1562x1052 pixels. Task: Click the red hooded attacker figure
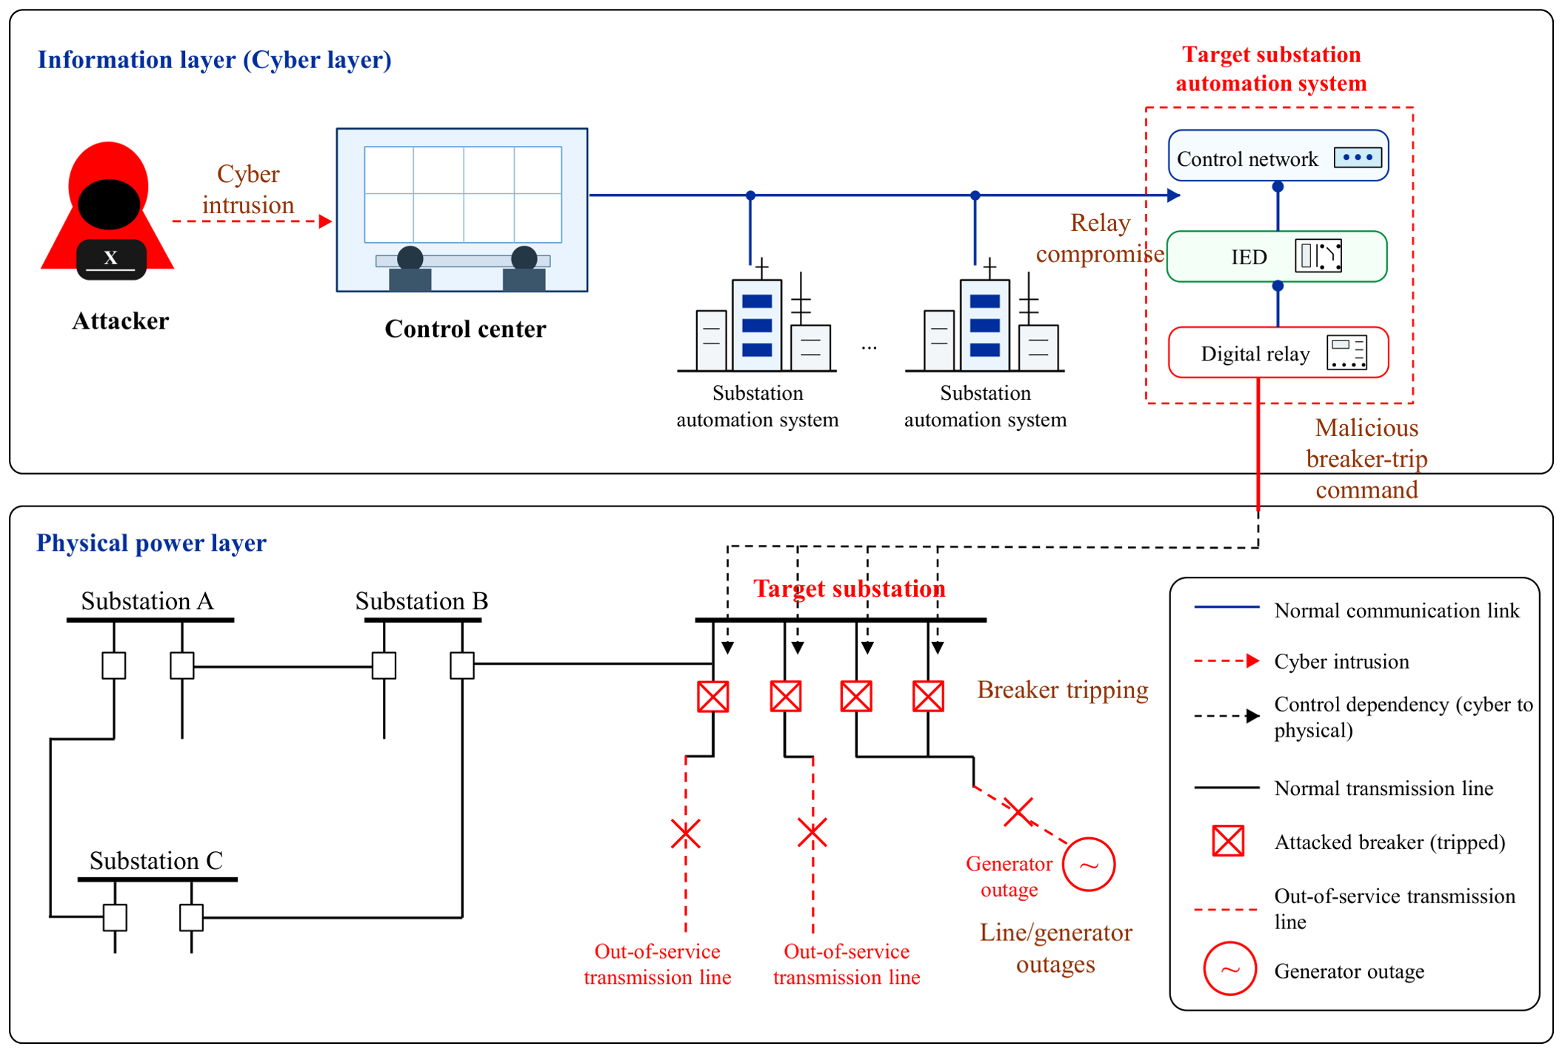108,211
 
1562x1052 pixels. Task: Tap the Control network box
1278,155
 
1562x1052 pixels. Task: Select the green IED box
1277,256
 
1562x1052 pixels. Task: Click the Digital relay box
1278,352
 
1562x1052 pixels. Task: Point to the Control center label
465,329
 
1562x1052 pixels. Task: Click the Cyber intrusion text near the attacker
248,189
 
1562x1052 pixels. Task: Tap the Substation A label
147,600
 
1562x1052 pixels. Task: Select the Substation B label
421,600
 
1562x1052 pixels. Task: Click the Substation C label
156,860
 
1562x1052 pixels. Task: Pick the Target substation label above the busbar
850,589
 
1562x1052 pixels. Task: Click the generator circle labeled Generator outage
1089,864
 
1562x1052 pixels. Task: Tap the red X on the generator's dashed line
1018,812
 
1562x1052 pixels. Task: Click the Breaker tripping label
1063,689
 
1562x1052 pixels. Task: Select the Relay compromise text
1100,238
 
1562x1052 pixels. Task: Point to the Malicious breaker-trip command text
1366,458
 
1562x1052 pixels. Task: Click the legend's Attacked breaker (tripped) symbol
1228,841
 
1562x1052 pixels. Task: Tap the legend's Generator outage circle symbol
1229,968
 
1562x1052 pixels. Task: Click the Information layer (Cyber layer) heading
215,60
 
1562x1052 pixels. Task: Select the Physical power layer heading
151,543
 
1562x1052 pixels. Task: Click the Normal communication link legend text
1397,611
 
